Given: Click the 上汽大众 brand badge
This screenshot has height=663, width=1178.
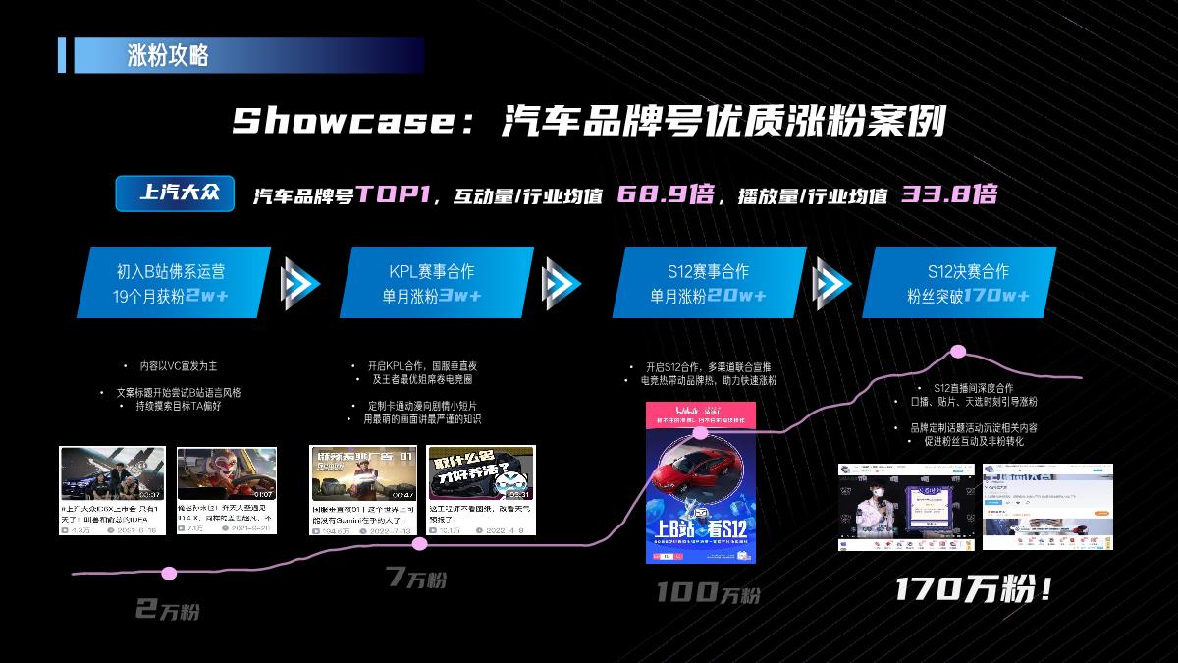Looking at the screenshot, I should coord(175,193).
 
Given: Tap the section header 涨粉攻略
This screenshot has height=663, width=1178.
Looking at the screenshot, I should coord(168,55).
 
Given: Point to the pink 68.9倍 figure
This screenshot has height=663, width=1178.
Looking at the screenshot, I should coord(665,193).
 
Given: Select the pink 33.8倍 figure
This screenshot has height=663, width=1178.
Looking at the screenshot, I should coord(948,193).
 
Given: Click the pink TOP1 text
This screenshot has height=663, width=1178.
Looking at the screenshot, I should coord(394,193).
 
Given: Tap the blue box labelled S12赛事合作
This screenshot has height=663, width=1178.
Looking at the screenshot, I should coord(711,282).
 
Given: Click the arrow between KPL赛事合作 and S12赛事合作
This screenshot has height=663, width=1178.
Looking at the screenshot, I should coord(561,283).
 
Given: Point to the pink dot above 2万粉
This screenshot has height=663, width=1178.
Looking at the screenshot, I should coord(169,573).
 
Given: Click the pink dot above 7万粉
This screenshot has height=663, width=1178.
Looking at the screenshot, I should coord(420,543).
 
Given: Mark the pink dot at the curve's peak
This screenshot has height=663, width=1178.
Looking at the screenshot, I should coord(958,352).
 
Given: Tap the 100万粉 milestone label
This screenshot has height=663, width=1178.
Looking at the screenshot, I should coord(708,593).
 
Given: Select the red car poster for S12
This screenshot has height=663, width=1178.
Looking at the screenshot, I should coord(700,482).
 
